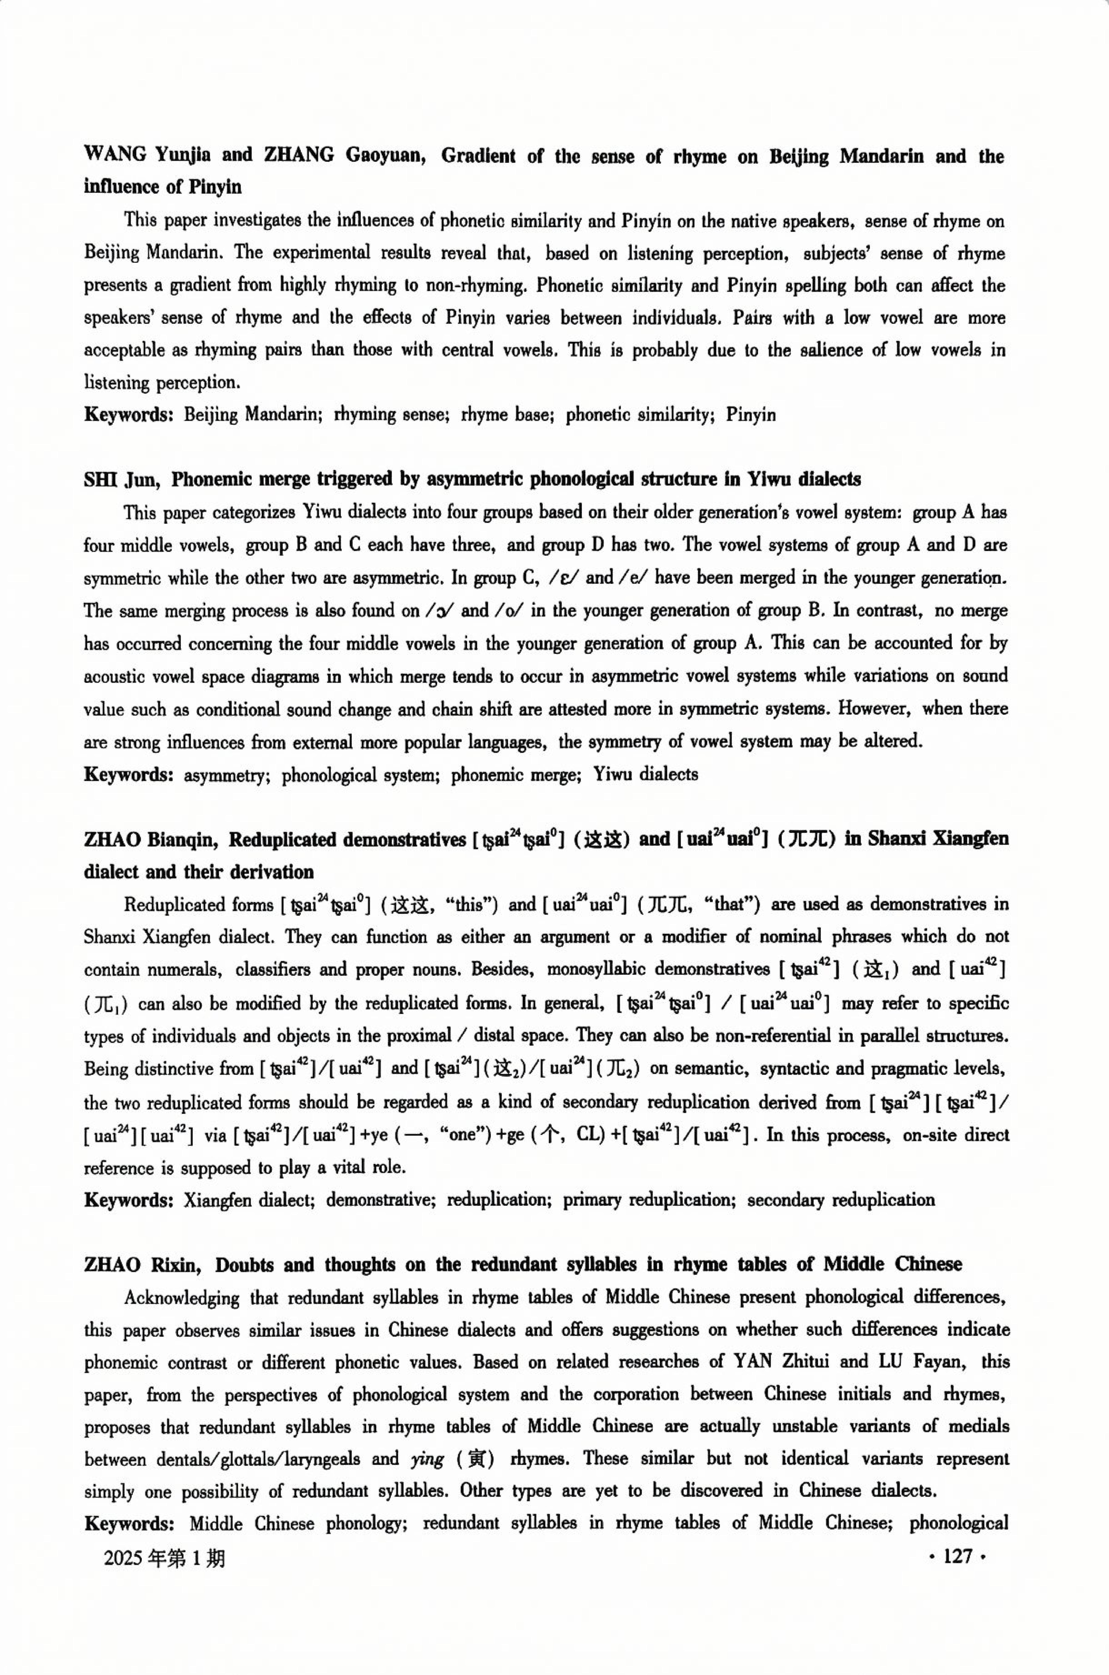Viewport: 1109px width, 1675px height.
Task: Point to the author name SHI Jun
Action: [122, 480]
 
